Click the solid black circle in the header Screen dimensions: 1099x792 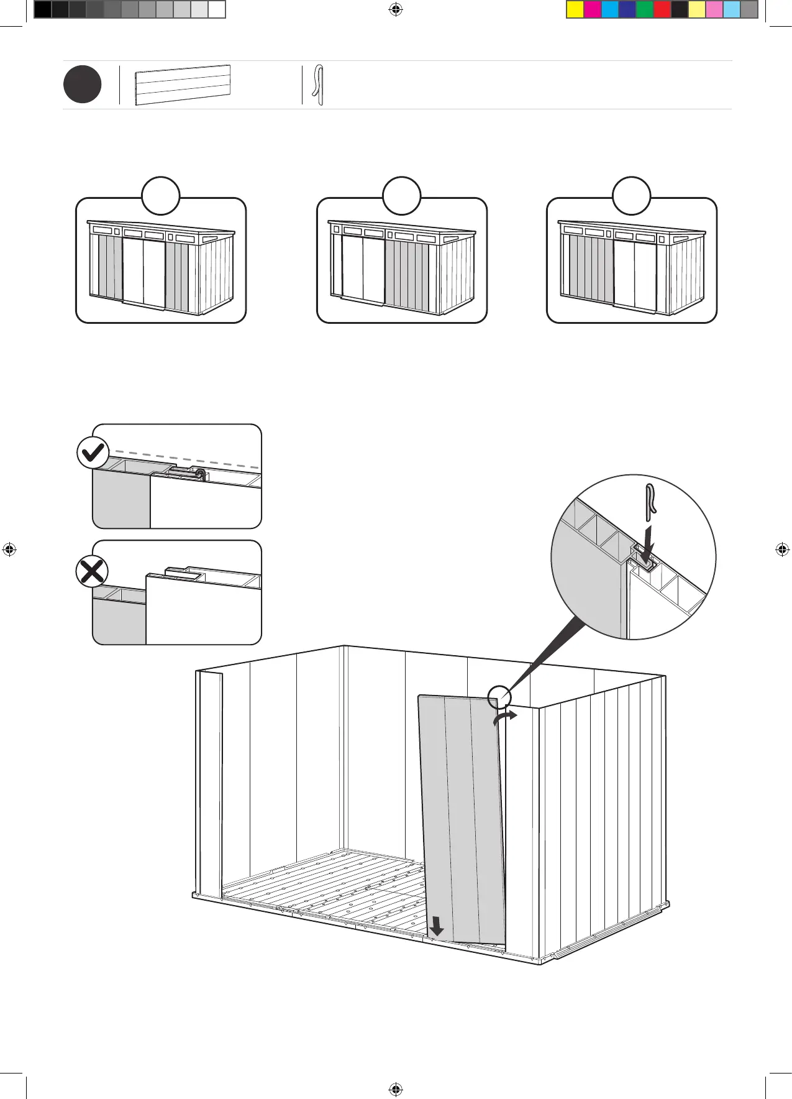click(x=82, y=85)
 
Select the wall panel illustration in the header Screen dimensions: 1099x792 click(x=183, y=85)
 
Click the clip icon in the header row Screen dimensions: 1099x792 click(x=319, y=85)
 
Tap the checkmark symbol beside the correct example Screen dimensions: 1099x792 click(x=93, y=453)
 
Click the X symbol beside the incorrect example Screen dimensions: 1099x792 click(x=92, y=571)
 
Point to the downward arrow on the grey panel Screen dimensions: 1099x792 click(x=437, y=926)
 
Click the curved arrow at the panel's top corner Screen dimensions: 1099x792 click(x=505, y=717)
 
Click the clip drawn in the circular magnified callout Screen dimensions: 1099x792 click(x=650, y=500)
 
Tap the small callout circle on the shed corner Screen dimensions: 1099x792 click(x=499, y=696)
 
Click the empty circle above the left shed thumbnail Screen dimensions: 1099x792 click(x=161, y=196)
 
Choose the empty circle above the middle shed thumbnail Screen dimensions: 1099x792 click(x=401, y=196)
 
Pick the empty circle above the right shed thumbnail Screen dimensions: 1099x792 click(x=631, y=196)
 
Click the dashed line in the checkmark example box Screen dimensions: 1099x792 click(x=186, y=459)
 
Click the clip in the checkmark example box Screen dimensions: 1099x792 click(x=200, y=474)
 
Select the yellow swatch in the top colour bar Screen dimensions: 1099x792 click(x=575, y=9)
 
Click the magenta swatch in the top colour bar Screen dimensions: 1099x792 click(x=593, y=9)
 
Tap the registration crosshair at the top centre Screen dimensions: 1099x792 click(x=395, y=9)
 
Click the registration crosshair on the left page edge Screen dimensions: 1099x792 click(x=9, y=549)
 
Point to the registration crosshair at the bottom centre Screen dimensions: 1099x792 click(x=395, y=1089)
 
